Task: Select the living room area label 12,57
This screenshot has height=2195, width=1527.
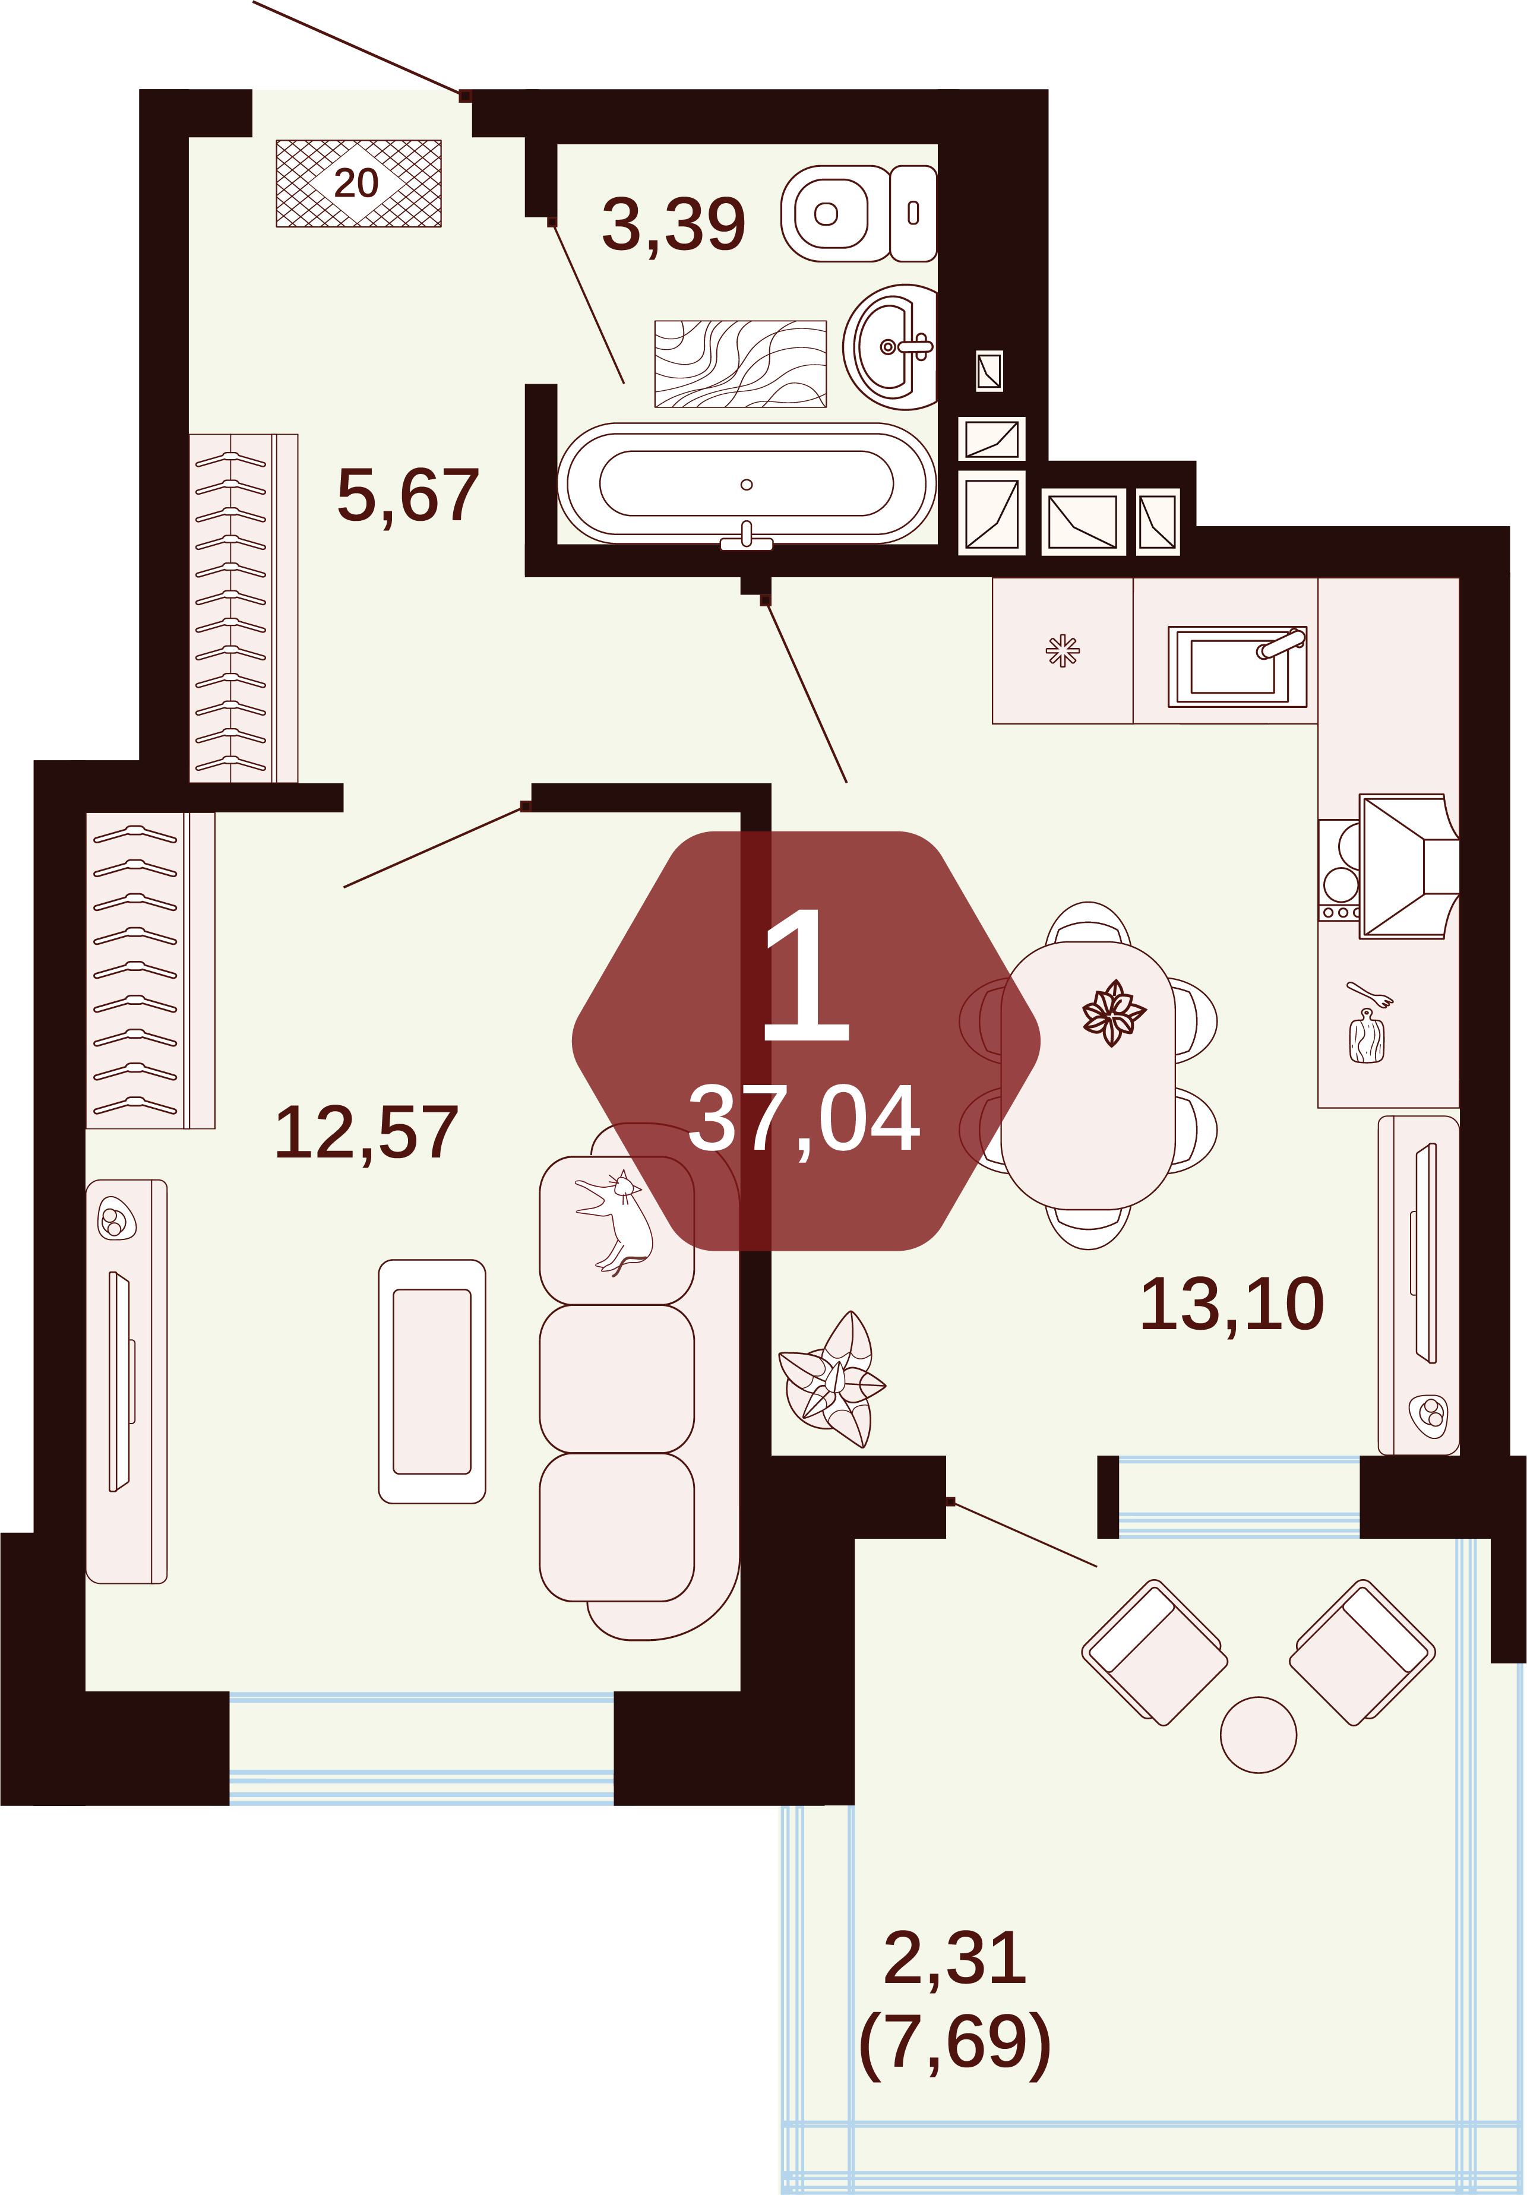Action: click(366, 1134)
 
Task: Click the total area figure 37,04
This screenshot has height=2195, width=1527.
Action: click(804, 1121)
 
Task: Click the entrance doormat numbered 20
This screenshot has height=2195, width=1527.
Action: click(359, 184)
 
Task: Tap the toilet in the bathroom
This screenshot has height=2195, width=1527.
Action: click(859, 213)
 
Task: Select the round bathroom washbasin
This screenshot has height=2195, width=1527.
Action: click(890, 347)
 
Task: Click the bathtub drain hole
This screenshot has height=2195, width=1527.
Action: click(747, 485)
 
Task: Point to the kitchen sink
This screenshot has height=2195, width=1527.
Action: click(1237, 666)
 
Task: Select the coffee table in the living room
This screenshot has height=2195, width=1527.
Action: click(432, 1381)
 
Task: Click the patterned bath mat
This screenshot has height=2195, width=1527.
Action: click(740, 364)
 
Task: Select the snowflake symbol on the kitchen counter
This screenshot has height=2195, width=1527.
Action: click(1063, 651)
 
